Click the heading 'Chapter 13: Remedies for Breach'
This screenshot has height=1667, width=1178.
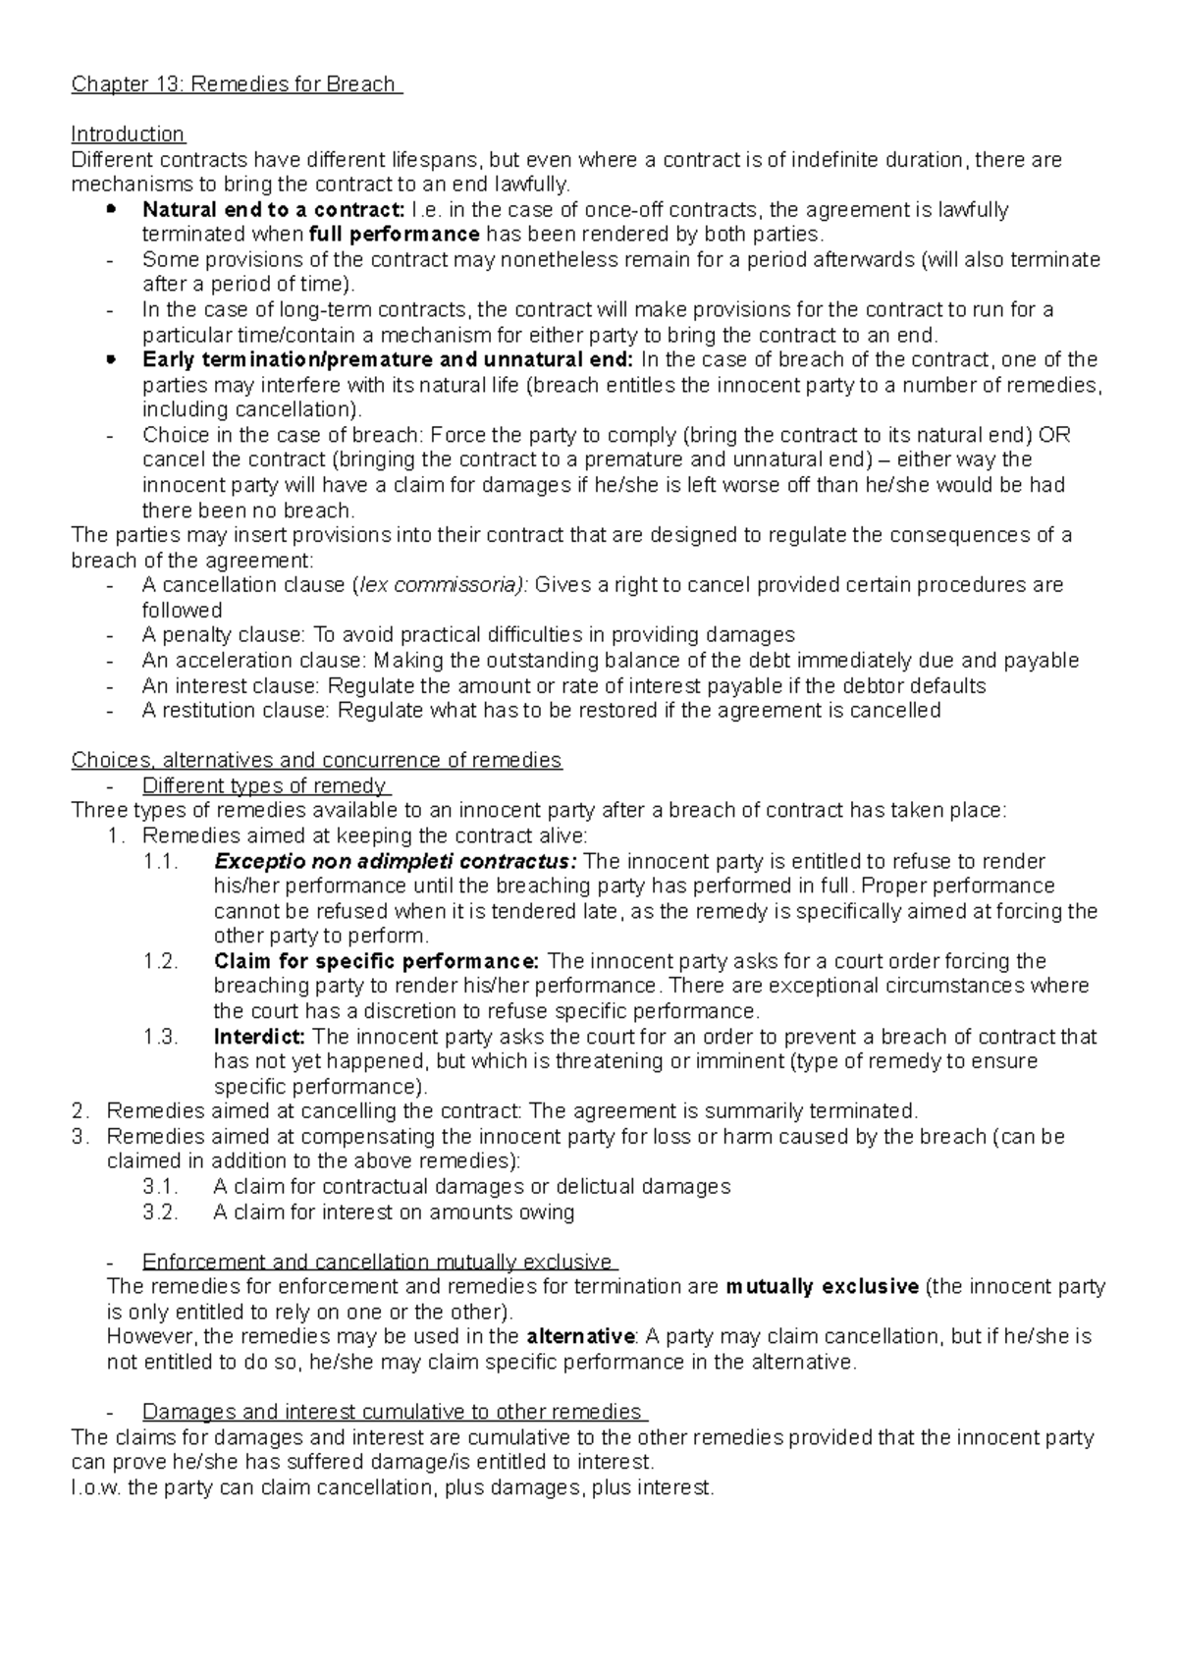(x=236, y=84)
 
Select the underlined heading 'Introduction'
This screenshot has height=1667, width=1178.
(x=128, y=134)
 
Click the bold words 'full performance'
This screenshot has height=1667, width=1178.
(x=394, y=235)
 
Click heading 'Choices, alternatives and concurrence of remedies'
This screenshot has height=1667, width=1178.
(x=316, y=761)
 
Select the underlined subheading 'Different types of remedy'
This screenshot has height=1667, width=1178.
(x=264, y=785)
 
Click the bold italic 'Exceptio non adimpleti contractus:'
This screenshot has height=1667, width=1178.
(x=396, y=862)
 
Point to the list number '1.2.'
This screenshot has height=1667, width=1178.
(x=161, y=961)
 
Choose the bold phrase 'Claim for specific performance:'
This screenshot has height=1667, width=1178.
(x=376, y=961)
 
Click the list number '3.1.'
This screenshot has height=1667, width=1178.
(x=161, y=1187)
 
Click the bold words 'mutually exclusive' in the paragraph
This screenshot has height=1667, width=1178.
(x=822, y=1287)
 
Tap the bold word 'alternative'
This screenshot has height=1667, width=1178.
(x=580, y=1337)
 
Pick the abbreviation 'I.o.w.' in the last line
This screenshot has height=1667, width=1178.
(x=98, y=1487)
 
